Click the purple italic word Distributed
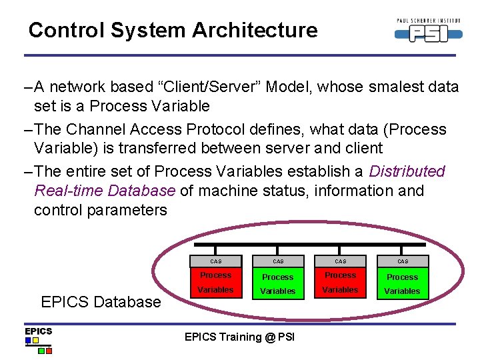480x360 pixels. click(407, 171)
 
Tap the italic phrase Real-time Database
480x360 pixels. click(105, 191)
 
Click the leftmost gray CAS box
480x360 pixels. click(215, 261)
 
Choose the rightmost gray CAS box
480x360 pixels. click(403, 261)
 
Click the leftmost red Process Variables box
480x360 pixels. click(215, 283)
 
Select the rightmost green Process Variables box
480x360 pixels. click(403, 283)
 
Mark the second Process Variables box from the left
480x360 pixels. click(277, 283)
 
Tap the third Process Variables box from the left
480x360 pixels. click(340, 283)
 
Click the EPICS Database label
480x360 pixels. click(101, 301)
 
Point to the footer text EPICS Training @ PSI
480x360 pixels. click(239, 337)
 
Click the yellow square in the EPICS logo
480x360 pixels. click(29, 340)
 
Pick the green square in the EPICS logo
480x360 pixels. click(41, 350)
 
